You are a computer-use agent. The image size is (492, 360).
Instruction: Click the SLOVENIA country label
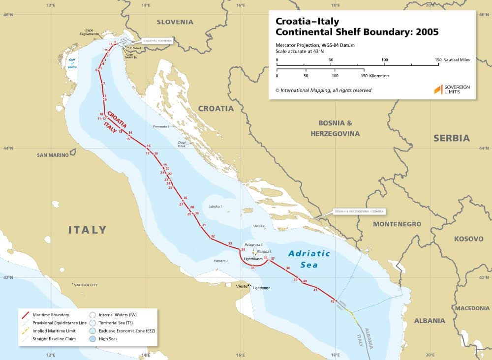point(175,22)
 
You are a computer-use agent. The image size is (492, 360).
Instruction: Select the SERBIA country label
point(451,138)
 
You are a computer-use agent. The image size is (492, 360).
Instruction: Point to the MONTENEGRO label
point(397,224)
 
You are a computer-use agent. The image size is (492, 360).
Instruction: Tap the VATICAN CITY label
point(86,285)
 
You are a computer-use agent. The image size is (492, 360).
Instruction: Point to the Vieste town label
point(242,286)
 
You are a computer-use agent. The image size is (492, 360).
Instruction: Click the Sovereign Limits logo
point(452,90)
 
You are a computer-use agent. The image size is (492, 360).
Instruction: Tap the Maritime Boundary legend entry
point(51,314)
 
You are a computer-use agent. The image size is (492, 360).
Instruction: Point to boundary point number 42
point(333,301)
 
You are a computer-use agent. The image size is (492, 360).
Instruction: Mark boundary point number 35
point(252,268)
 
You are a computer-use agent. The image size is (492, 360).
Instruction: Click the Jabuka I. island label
point(216,207)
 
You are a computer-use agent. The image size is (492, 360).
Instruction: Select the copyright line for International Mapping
point(323,90)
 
